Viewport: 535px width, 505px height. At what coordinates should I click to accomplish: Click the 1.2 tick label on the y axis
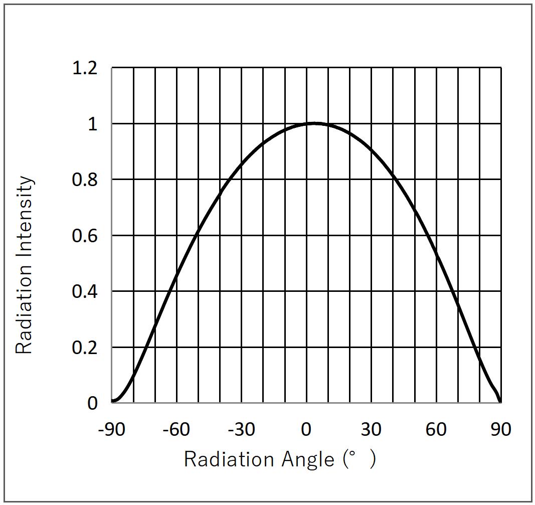pyautogui.click(x=85, y=68)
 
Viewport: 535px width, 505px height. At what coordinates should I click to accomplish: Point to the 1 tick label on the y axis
pyautogui.click(x=92, y=124)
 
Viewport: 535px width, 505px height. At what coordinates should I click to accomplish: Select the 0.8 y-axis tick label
pyautogui.click(x=85, y=180)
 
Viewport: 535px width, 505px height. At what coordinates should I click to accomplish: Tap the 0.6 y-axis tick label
pyautogui.click(x=85, y=236)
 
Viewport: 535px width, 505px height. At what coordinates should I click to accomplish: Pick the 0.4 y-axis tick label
pyautogui.click(x=85, y=292)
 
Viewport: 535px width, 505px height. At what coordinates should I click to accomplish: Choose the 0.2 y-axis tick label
pyautogui.click(x=85, y=348)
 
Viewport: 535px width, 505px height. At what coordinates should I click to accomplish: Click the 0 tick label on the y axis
pyautogui.click(x=92, y=404)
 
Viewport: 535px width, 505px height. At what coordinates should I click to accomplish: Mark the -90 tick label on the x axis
pyautogui.click(x=112, y=430)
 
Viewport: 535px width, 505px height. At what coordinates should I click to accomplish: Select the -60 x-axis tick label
pyautogui.click(x=176, y=430)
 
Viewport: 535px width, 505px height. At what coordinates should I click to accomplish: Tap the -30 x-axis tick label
pyautogui.click(x=241, y=430)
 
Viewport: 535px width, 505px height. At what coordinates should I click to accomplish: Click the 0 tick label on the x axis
pyautogui.click(x=306, y=430)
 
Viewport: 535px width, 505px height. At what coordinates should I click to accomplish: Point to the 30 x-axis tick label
pyautogui.click(x=371, y=430)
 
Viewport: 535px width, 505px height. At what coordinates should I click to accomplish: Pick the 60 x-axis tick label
pyautogui.click(x=436, y=430)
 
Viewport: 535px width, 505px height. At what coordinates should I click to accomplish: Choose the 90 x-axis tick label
pyautogui.click(x=500, y=430)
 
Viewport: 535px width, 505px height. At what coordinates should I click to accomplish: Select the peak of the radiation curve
pyautogui.click(x=314, y=123)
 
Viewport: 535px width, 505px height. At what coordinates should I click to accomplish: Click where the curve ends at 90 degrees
pyautogui.click(x=500, y=402)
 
